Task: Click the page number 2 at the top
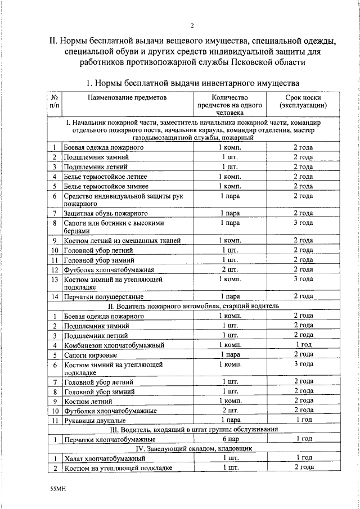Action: [192, 25]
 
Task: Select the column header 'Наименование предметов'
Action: [127, 97]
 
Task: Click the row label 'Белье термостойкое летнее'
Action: [106, 177]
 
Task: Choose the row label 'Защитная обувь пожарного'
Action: [106, 213]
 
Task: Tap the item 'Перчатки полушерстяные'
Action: [103, 296]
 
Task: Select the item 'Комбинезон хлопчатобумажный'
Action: [114, 344]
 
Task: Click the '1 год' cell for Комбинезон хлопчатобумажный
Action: [303, 344]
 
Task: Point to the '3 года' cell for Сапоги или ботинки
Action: [303, 223]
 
